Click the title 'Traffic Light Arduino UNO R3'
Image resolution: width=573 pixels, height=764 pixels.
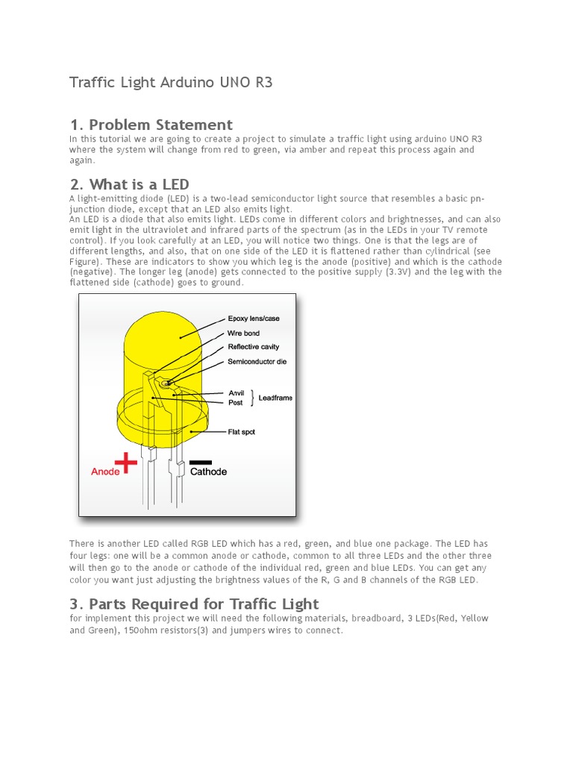pos(171,83)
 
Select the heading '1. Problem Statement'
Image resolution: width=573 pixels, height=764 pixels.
pos(151,125)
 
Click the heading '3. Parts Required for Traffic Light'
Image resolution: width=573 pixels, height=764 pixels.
pos(194,604)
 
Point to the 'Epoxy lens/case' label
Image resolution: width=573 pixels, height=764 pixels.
pos(254,319)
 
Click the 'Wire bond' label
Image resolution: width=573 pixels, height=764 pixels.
pos(243,334)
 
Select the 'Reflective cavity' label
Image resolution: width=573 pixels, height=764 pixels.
pos(254,347)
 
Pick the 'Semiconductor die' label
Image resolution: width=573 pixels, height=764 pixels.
pos(257,362)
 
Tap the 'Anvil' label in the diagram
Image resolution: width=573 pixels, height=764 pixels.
pos(236,393)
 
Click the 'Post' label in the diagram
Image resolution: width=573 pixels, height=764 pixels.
pos(235,403)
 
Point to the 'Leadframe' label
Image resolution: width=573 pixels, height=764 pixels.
pos(275,398)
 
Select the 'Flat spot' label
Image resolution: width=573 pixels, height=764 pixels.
pos(241,432)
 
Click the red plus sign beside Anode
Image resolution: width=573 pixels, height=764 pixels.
pos(126,463)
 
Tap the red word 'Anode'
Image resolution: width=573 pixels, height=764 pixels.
pos(105,472)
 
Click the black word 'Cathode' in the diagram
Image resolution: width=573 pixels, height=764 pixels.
pos(208,472)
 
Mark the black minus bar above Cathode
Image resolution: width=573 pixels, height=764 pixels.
pos(201,462)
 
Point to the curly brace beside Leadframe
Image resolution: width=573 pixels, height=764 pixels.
pos(252,398)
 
